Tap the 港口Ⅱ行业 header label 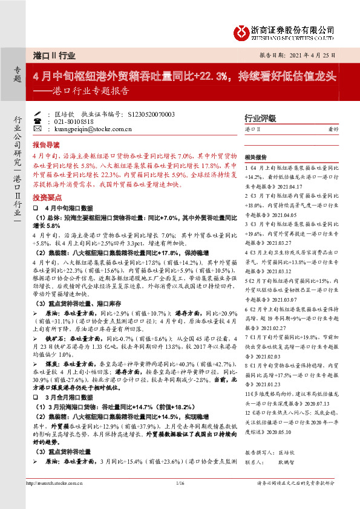pos(54,55)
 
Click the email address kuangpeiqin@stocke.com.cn pos(92,129)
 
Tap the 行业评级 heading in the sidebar pos(260,117)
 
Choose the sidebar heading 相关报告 pos(258,155)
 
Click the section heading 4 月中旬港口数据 pos(66,207)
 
